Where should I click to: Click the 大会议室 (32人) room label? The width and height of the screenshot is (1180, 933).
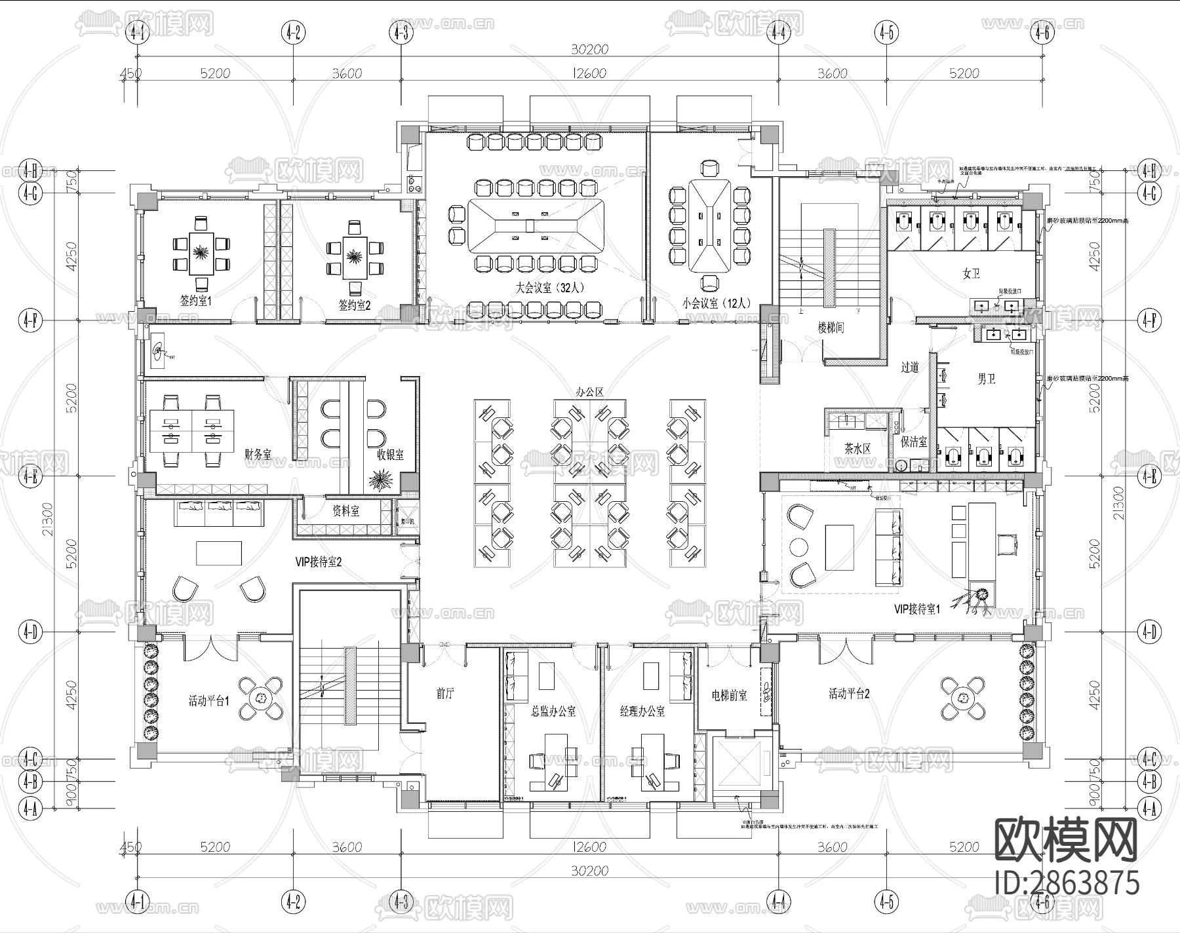549,286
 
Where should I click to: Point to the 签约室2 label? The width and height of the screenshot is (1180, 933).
355,305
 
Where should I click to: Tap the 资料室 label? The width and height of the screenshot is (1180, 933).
345,511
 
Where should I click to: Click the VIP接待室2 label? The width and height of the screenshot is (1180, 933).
319,562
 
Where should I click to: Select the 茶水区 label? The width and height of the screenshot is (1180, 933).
857,449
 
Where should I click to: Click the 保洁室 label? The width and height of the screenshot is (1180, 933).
914,442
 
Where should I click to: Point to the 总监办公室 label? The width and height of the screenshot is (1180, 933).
553,711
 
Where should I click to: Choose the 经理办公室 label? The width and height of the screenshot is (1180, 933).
642,711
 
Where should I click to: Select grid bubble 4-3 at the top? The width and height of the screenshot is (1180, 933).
401,31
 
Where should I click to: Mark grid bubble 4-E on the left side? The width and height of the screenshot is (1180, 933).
31,476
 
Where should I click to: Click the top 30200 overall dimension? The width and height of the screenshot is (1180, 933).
589,49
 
